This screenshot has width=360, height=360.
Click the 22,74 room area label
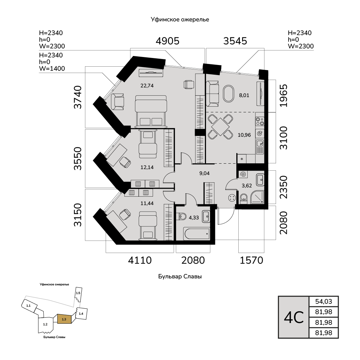147,86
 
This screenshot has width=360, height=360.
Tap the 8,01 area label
244,95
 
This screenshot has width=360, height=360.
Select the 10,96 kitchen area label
244,135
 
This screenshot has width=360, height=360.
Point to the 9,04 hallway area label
204,173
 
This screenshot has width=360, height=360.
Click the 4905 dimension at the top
167,41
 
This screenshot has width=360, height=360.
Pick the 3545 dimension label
235,41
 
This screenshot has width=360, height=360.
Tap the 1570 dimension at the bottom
251,260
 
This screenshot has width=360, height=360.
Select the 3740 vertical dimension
78,97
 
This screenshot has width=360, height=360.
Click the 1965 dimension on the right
283,96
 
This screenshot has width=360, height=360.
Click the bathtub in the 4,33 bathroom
197,234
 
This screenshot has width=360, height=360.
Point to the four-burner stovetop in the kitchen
260,121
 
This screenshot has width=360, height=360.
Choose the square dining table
220,127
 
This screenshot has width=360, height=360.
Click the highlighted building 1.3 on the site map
64,319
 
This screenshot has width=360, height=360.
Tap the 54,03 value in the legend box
323,301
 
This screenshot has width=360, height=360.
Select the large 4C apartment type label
294,317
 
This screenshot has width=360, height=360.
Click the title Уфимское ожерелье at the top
180,20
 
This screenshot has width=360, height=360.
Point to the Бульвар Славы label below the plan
180,276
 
